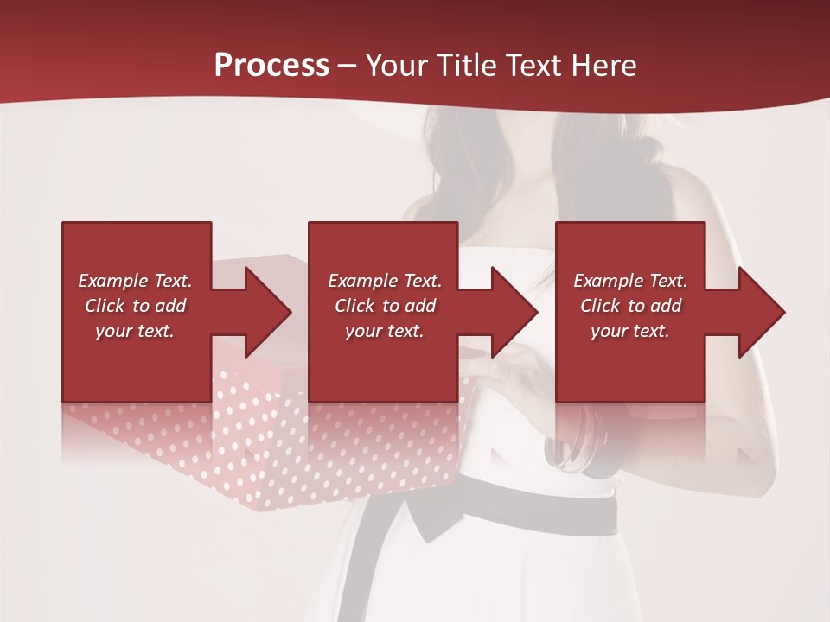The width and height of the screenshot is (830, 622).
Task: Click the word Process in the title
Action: pyautogui.click(x=271, y=66)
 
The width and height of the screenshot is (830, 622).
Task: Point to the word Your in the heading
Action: pyautogui.click(x=397, y=66)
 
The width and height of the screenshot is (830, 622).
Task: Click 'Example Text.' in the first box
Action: pyautogui.click(x=135, y=281)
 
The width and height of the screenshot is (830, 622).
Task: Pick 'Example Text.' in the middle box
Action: pyautogui.click(x=384, y=281)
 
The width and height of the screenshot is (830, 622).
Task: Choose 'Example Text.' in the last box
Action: pyautogui.click(x=630, y=281)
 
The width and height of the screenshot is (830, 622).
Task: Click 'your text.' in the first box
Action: pyautogui.click(x=135, y=331)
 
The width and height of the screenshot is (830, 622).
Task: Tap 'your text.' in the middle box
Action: pyautogui.click(x=384, y=331)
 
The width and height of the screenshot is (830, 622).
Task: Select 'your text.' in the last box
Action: pyautogui.click(x=630, y=331)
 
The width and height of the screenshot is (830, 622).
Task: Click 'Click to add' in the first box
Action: pyautogui.click(x=135, y=306)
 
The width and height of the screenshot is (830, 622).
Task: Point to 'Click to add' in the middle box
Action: pyautogui.click(x=384, y=306)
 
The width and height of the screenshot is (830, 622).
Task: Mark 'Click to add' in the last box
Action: pyautogui.click(x=630, y=306)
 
